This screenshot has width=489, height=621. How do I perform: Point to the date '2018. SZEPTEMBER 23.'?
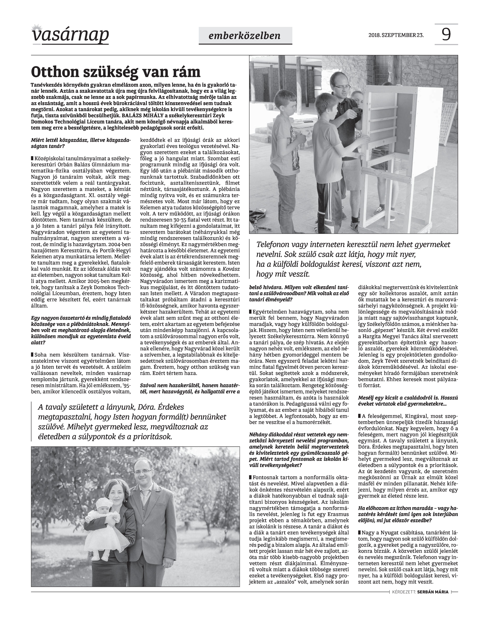[x=396, y=35]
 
